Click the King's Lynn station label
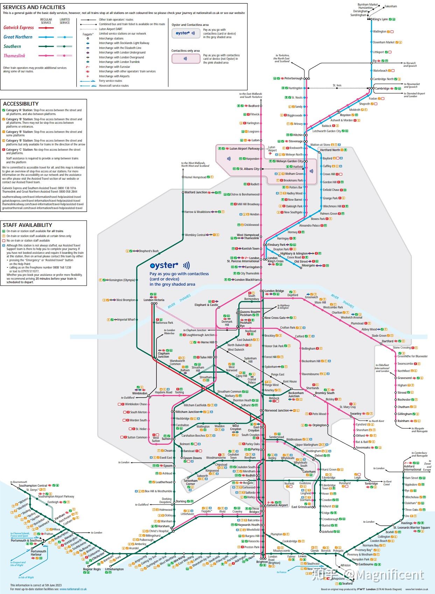coord(380,19)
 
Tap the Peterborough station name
coord(293,78)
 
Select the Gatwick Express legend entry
coord(19,28)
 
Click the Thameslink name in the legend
coord(14,56)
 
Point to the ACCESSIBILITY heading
coord(21,104)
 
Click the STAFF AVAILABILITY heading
coord(27,225)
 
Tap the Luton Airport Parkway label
coord(244,149)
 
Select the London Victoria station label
coord(154,300)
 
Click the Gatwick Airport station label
coord(278,505)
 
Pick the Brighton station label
coord(262,562)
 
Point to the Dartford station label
coord(387,341)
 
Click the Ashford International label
coord(412,468)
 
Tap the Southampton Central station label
coord(33,486)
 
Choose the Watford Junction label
coord(196,192)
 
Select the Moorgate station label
coord(308,266)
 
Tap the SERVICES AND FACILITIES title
coord(34,7)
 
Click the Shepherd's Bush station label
coord(149,251)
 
